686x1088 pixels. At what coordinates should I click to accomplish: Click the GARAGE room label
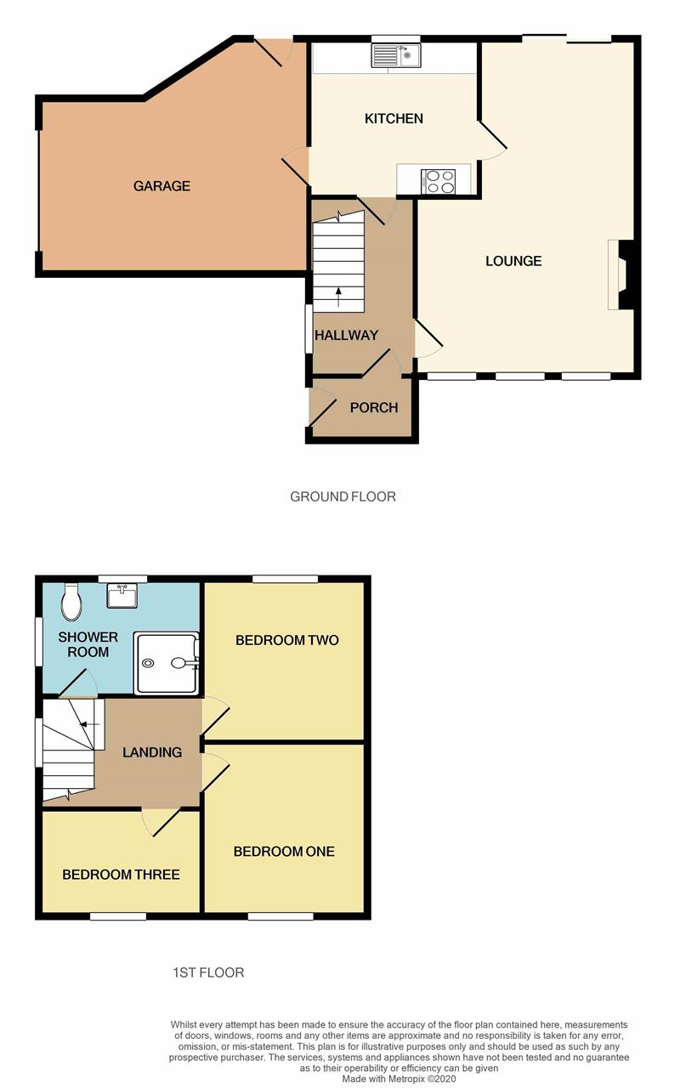[162, 186]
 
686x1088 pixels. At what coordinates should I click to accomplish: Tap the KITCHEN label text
[394, 118]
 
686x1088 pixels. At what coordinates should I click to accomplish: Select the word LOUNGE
[513, 261]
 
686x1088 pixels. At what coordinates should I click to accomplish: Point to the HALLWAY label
[346, 335]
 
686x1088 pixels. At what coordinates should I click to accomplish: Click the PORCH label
[374, 407]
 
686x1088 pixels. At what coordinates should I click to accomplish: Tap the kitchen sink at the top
[395, 56]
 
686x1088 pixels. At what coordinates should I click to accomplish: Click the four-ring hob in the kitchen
[439, 181]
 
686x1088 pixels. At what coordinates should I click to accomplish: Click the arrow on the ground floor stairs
[338, 296]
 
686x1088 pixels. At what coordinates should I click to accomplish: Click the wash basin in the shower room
[122, 596]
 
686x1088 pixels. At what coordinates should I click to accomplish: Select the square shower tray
[167, 663]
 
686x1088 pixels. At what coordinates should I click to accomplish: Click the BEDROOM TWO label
[286, 640]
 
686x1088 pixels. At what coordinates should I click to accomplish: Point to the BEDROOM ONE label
[284, 851]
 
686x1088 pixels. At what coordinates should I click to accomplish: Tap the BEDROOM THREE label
[121, 874]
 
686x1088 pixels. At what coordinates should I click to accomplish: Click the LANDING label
[152, 752]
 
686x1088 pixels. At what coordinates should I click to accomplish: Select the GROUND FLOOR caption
[343, 496]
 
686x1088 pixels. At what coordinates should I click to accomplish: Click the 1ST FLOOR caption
[207, 972]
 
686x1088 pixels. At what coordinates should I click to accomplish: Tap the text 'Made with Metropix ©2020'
[399, 1079]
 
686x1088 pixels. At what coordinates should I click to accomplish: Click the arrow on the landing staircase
[86, 724]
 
